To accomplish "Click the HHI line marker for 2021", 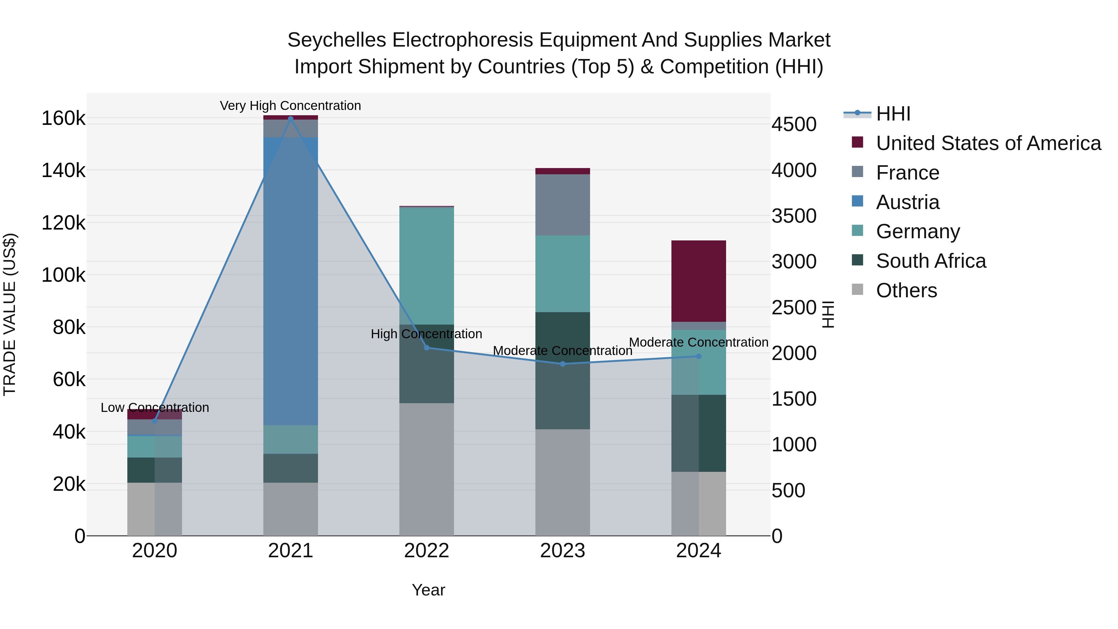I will coord(291,119).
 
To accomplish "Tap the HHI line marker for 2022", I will coord(427,348).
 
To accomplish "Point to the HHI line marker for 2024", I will coord(698,356).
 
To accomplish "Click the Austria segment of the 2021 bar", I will coord(291,278).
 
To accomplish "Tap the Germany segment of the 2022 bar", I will coord(427,266).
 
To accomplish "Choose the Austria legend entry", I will coord(907,202).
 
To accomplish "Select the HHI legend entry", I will coord(893,114).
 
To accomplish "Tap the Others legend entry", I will coord(906,290).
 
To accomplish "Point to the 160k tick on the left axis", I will coord(63,118).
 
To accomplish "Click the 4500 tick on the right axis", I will coord(794,125).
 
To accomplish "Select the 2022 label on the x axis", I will coord(427,551).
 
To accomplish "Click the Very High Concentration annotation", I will coord(290,106).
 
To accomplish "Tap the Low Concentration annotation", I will coord(155,408).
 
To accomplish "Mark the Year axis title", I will coord(428,590).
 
